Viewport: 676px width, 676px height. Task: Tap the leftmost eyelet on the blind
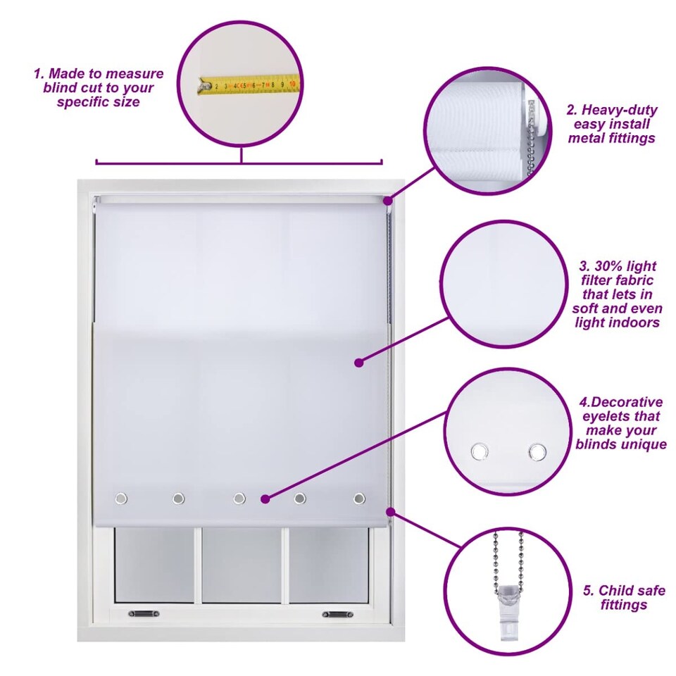pos(121,499)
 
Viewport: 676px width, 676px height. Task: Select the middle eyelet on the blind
pos(239,499)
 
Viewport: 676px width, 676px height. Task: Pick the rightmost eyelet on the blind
pos(358,499)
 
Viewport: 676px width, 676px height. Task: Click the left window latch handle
pos(144,613)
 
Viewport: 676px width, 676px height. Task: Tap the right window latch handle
pos(337,614)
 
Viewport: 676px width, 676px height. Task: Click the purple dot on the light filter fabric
pos(358,363)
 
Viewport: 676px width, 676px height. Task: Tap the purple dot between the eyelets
pos(265,499)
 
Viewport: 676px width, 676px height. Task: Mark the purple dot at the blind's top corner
pos(388,201)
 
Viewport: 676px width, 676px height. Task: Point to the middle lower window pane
pos(242,565)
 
